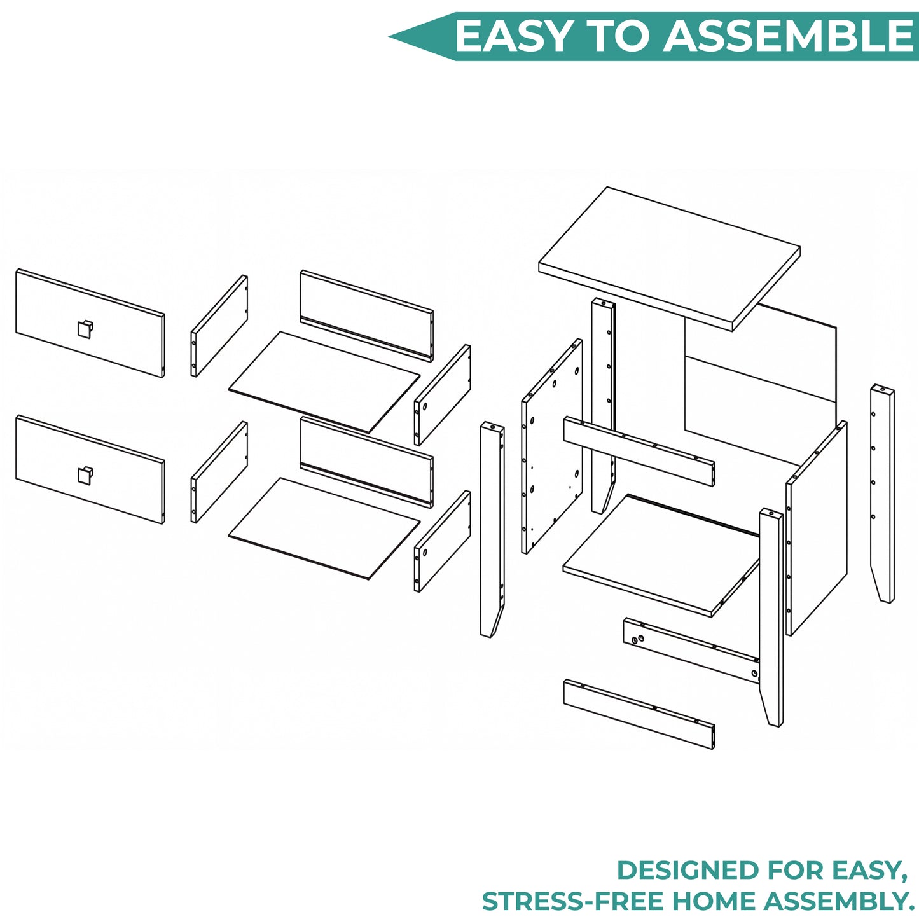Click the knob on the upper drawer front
click(x=85, y=328)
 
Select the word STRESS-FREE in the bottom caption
click(x=579, y=901)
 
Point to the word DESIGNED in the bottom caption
click(x=690, y=871)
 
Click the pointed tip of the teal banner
click(x=390, y=36)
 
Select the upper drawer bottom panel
click(x=324, y=382)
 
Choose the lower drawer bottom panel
click(x=324, y=529)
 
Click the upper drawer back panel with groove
click(x=367, y=315)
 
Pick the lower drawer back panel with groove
click(x=367, y=462)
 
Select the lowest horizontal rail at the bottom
click(x=639, y=715)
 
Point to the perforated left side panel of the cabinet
click(x=552, y=446)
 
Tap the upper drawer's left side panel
click(x=219, y=326)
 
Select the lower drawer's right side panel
click(x=443, y=541)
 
